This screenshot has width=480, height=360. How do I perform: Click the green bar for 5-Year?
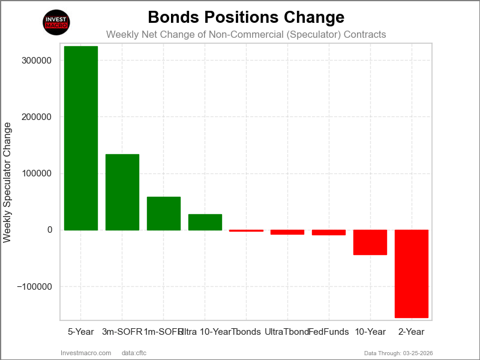click(x=80, y=138)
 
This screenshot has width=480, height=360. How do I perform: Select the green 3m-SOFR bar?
click(x=122, y=192)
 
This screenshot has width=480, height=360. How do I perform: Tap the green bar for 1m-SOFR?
click(x=164, y=213)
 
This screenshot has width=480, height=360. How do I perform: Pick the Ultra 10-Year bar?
click(x=205, y=222)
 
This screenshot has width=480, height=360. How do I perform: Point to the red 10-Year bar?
click(x=370, y=242)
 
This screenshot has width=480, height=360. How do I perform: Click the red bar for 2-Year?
click(x=412, y=274)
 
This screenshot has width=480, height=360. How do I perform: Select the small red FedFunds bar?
click(x=329, y=232)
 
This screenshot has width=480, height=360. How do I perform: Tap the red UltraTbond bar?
click(x=287, y=232)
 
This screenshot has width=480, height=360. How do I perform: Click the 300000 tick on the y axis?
click(x=35, y=61)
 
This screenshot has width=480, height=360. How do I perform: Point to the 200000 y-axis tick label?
click(x=35, y=117)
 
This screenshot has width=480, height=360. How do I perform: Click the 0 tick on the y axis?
click(x=49, y=230)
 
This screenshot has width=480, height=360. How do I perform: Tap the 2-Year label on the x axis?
click(x=412, y=332)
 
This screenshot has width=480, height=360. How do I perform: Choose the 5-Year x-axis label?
click(x=80, y=332)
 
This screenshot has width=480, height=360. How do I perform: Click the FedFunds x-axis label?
click(x=329, y=332)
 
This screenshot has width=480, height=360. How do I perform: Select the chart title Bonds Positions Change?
click(x=246, y=17)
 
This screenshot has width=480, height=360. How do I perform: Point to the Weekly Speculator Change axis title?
click(x=7, y=182)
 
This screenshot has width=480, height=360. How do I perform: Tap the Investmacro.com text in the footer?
click(x=86, y=353)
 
